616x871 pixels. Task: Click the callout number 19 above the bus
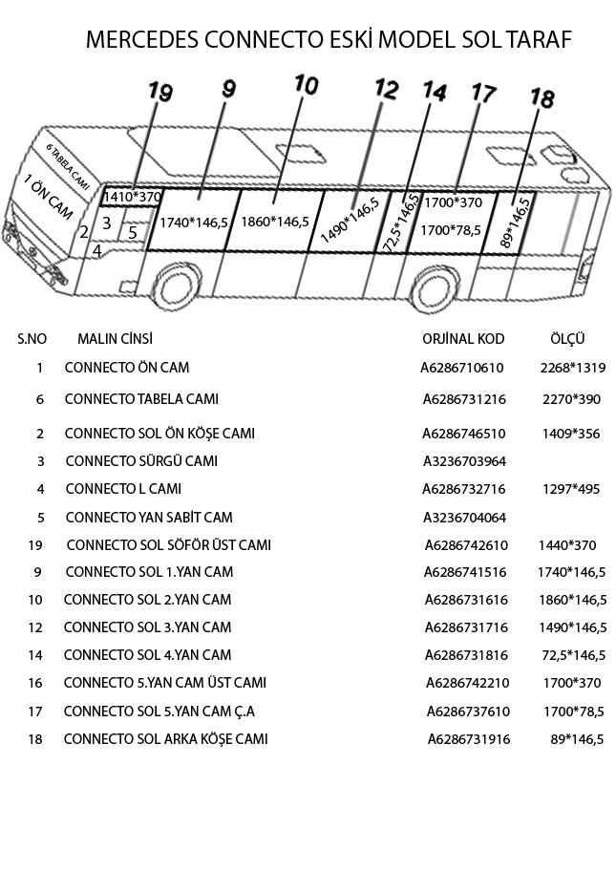[x=160, y=93]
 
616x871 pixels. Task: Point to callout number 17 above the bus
[x=483, y=94]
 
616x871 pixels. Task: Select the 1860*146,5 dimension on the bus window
[x=275, y=222]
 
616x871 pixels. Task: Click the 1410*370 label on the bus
[x=132, y=197]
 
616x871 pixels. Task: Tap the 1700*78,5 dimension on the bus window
[x=451, y=229]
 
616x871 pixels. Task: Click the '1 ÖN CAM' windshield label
[x=47, y=199]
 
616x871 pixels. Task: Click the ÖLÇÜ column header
[x=567, y=339]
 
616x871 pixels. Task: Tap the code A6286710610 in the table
[x=462, y=368]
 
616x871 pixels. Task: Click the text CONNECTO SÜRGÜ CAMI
[x=141, y=461]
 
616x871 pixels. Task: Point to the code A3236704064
[x=464, y=518]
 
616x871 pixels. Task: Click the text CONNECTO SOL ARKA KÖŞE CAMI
[x=165, y=739]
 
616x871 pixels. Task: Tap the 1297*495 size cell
[x=570, y=489]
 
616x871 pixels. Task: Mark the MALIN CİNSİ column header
[x=115, y=339]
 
